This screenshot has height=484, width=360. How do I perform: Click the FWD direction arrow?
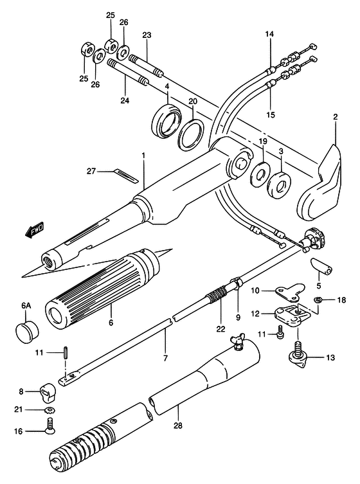pyautogui.click(x=35, y=230)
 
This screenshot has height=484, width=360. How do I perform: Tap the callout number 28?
pyautogui.click(x=178, y=426)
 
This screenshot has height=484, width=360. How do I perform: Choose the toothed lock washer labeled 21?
pyautogui.click(x=50, y=411)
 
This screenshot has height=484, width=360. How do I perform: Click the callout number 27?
pyautogui.click(x=91, y=171)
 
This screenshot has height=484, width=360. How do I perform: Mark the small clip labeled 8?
pyautogui.click(x=48, y=393)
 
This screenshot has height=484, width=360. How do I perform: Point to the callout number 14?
pyautogui.click(x=269, y=33)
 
